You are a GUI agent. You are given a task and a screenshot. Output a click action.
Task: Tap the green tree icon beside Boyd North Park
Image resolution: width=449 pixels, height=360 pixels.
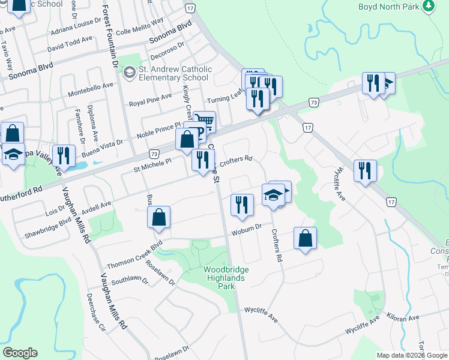pos(428,7)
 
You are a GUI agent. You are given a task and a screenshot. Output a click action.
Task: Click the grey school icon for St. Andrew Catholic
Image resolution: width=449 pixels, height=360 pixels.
pos(128,73)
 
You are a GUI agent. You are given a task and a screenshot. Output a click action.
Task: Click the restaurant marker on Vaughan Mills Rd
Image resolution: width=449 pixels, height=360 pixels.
pos(62,155)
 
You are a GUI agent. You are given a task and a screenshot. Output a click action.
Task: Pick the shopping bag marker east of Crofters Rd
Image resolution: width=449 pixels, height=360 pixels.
pos(306,238)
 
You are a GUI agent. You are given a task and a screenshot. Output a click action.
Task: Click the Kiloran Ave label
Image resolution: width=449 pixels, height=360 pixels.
pos(403,317)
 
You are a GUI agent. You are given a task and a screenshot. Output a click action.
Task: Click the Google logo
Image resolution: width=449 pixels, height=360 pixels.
pos(20,353)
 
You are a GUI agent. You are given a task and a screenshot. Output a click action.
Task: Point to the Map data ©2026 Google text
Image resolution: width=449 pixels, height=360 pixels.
pos(412,355)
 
